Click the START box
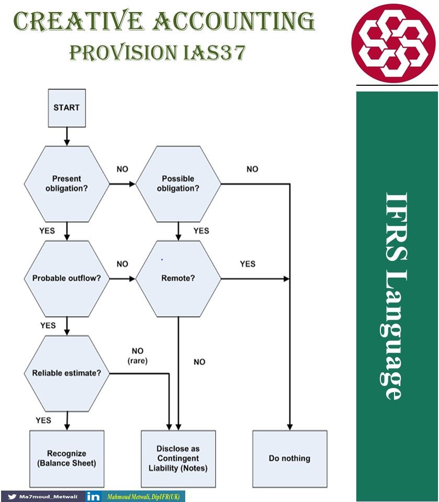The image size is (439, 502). point(66,108)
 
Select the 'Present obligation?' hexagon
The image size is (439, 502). point(66,184)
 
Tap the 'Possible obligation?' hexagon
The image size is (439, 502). point(178,184)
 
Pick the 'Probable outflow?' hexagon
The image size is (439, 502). point(66,278)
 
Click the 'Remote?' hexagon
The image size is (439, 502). point(178,278)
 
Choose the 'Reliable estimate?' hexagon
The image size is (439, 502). point(66,373)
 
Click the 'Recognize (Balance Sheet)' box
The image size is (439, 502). point(66,458)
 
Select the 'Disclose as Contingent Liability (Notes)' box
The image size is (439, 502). point(178,458)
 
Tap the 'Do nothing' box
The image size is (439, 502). point(289,458)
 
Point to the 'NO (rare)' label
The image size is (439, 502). point(138,355)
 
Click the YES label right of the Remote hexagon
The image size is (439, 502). point(247,264)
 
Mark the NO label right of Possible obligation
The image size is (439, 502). point(252,169)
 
